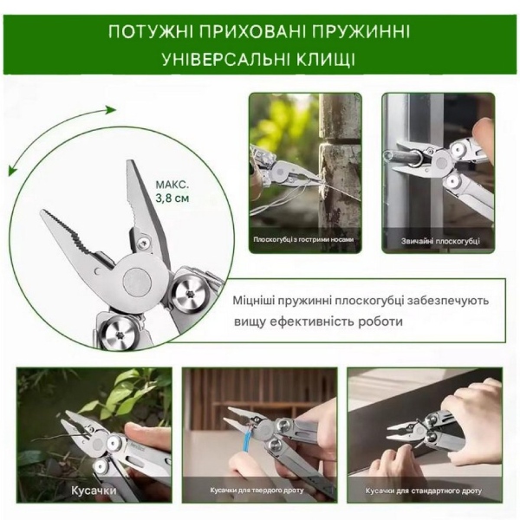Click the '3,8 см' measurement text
point(172,198)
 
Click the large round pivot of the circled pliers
point(138,282)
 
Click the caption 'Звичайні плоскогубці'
point(440,242)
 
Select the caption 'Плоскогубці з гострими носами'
point(304,239)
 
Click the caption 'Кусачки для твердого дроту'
point(257,491)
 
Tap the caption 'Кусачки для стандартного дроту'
point(424,491)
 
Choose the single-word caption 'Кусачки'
point(94,491)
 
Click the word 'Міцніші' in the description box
point(254,301)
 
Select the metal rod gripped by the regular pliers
point(404,159)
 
